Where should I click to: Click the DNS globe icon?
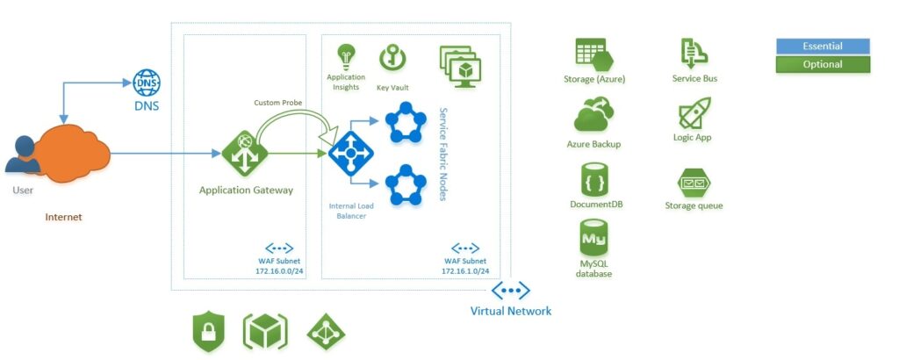point(147,83)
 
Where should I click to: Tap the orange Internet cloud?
point(68,153)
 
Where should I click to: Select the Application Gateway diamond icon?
point(245,153)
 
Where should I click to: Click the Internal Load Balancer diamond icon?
point(351,154)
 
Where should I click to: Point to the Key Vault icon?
point(392,59)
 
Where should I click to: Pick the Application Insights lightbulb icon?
point(346,57)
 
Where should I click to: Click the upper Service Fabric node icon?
point(406,122)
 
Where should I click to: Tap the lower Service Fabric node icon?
point(406,185)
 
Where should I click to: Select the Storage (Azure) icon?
point(594,54)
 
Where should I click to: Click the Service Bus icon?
point(694,54)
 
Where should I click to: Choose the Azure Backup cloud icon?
point(594,115)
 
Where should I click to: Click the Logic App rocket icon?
point(694,113)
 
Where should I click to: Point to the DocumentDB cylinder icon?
point(594,179)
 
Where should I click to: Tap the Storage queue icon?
point(694,183)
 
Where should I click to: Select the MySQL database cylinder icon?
point(594,238)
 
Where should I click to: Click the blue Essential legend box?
point(823,47)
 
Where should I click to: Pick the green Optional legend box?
point(823,64)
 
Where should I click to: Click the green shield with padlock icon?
point(209,332)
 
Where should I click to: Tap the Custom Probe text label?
point(277,103)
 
